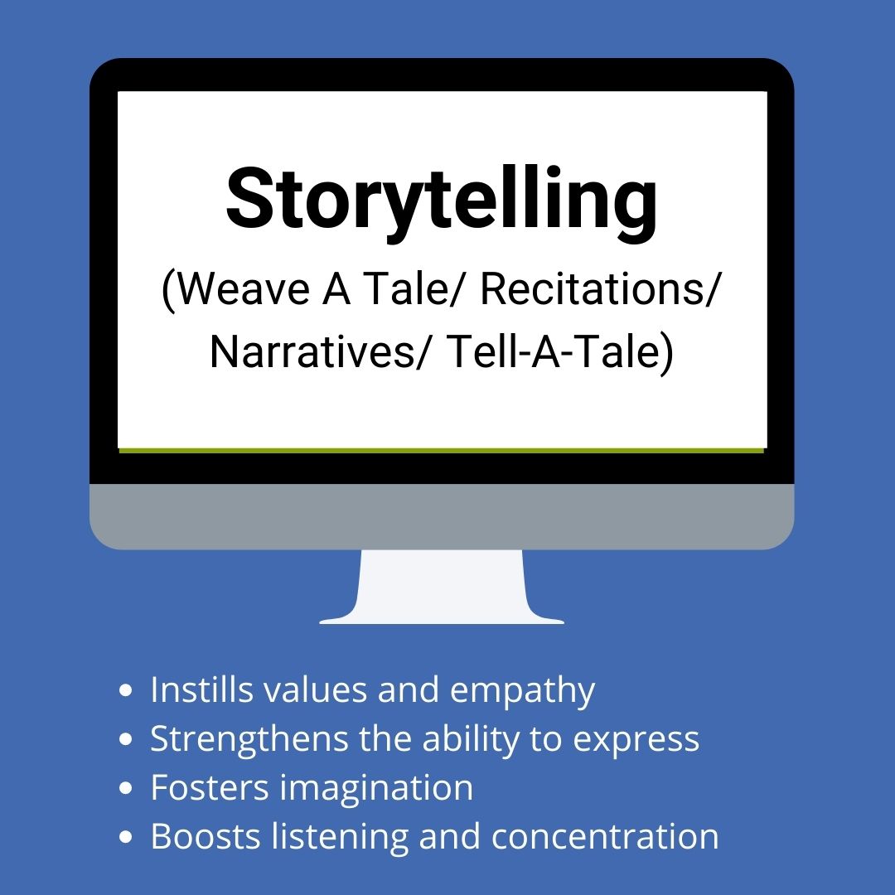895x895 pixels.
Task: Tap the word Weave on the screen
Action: (244, 289)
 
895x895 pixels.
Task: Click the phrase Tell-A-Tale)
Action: (560, 351)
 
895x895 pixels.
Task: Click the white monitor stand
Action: (442, 587)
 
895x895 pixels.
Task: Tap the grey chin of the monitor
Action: (442, 516)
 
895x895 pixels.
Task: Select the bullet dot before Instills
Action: (126, 690)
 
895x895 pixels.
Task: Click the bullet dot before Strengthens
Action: (126, 739)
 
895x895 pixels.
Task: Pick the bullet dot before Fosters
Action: (126, 788)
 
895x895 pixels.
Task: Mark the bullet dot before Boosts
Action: (126, 837)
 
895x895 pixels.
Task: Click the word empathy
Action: (522, 692)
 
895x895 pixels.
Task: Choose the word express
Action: (636, 741)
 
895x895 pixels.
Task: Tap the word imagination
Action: (376, 788)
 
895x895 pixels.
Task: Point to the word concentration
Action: (604, 837)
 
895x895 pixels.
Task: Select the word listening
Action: (340, 837)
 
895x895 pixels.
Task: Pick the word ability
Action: (471, 739)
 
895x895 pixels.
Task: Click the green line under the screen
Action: (442, 450)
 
